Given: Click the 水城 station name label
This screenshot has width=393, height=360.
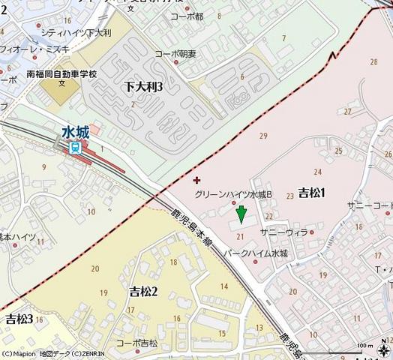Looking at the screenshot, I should [x=75, y=133].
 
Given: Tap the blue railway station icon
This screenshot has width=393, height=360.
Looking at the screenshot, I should [x=75, y=148].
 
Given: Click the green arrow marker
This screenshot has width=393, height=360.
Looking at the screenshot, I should [x=241, y=215].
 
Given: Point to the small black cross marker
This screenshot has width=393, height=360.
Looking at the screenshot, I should [x=196, y=180].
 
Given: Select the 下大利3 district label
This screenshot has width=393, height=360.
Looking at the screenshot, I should [x=144, y=87].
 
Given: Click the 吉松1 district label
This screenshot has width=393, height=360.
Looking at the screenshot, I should [x=311, y=193].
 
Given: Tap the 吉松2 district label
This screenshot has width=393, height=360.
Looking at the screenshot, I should [x=143, y=291].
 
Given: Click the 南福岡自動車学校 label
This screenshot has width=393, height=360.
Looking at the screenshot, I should [x=61, y=75].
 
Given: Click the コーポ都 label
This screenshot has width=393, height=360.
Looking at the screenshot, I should [x=187, y=16].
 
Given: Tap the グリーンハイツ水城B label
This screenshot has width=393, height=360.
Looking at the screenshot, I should [x=233, y=194].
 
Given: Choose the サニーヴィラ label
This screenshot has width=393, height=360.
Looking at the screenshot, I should [x=284, y=232].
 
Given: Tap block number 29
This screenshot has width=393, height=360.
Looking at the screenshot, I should [x=262, y=136].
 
